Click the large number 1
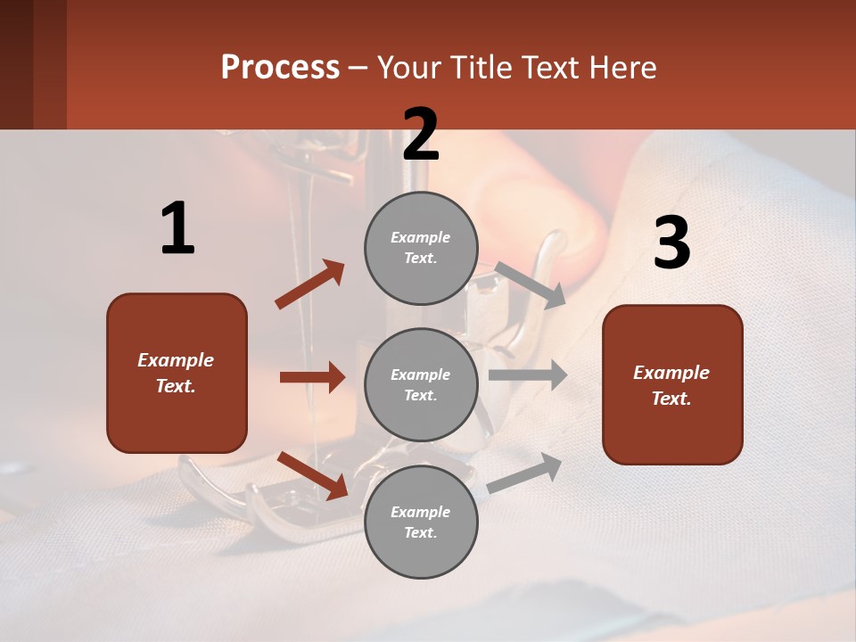[177, 229]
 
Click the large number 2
[421, 135]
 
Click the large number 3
[671, 243]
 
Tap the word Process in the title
[280, 67]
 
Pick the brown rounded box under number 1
[177, 373]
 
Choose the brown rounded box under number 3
[672, 384]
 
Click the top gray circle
[421, 248]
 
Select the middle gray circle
[421, 384]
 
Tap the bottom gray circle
[421, 522]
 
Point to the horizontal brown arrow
[312, 377]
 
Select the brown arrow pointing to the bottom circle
[313, 474]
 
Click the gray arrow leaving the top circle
[531, 284]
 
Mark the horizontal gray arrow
[528, 374]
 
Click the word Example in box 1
[176, 360]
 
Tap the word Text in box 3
[670, 399]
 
